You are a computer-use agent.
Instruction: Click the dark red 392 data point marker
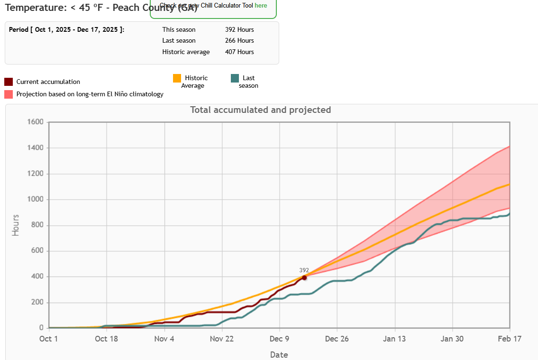(x=304, y=277)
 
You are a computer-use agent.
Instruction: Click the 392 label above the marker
(x=304, y=270)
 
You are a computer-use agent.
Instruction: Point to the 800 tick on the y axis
(x=37, y=225)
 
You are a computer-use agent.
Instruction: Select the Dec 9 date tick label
(x=279, y=339)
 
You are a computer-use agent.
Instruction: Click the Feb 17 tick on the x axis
(x=510, y=339)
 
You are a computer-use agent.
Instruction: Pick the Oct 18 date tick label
(x=106, y=339)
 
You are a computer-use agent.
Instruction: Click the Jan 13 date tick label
(x=394, y=339)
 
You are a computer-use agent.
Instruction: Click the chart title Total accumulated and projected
(x=260, y=110)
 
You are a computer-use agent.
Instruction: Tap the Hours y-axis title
(x=16, y=225)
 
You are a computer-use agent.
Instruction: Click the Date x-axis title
(x=279, y=354)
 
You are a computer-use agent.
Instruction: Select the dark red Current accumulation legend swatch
(x=9, y=82)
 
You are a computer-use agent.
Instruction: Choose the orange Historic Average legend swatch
(x=177, y=78)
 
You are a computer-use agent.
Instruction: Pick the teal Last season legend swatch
(x=235, y=78)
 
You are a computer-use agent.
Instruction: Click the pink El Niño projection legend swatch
(x=9, y=94)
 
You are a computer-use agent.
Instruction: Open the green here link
(x=261, y=6)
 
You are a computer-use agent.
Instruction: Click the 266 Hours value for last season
(x=239, y=41)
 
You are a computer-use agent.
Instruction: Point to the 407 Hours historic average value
(x=239, y=52)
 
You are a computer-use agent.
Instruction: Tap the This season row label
(x=179, y=29)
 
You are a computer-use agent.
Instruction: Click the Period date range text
(x=67, y=29)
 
